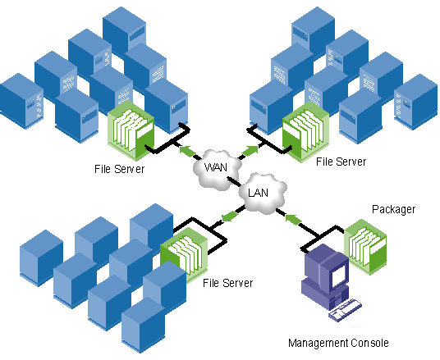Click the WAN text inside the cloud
tap(216, 167)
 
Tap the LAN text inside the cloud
tap(258, 193)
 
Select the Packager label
tap(393, 210)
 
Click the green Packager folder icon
tap(365, 247)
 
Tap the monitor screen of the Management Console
tap(338, 275)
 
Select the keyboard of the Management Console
tap(345, 309)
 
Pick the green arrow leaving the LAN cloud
tap(230, 216)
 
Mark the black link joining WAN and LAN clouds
tap(234, 182)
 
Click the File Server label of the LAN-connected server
tap(227, 283)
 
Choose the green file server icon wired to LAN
tap(184, 253)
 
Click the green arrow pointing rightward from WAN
tap(250, 151)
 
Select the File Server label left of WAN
tap(119, 169)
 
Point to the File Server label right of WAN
tap(341, 162)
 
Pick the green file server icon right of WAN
tap(305, 132)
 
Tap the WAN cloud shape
tap(217, 170)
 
